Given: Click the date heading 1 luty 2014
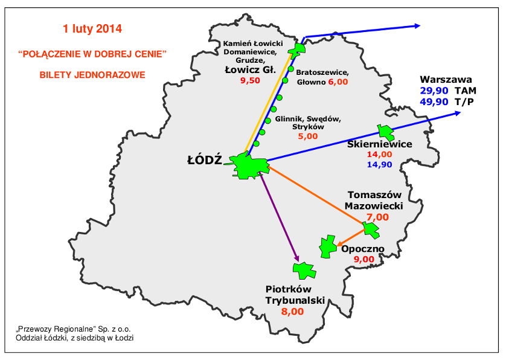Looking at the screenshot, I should [x=92, y=28].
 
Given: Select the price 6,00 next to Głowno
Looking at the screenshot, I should [x=338, y=82].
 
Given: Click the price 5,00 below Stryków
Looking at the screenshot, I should [x=307, y=137].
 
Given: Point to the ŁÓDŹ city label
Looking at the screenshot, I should [x=205, y=161].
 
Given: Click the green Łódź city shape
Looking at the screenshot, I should [x=249, y=166].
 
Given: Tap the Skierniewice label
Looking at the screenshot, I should [x=380, y=144].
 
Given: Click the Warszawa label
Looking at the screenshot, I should [x=446, y=79].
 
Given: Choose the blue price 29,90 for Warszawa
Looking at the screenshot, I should [x=434, y=90].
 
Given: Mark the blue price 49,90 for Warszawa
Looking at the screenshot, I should [x=434, y=101].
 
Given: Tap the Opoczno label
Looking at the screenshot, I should [x=362, y=249].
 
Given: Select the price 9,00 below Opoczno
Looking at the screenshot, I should [x=363, y=260].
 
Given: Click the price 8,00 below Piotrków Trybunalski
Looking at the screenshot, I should [x=292, y=312].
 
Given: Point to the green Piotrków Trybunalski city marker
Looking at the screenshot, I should [x=304, y=269].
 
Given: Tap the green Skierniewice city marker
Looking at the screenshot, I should [x=385, y=132].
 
